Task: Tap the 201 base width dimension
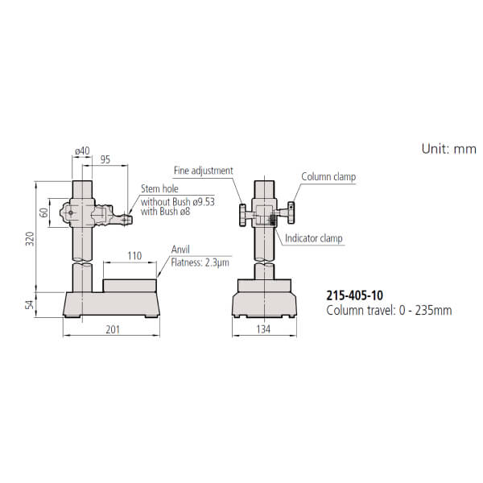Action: [114, 329]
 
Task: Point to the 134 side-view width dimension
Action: [263, 329]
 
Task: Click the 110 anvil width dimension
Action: [134, 256]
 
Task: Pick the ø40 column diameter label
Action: [81, 150]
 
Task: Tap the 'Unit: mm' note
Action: [448, 149]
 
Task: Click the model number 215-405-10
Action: [355, 296]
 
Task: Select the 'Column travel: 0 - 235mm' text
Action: [389, 310]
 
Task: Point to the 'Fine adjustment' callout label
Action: [203, 171]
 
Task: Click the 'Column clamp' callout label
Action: [328, 176]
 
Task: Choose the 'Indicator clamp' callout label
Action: [314, 239]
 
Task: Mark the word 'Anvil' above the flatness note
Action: [180, 250]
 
